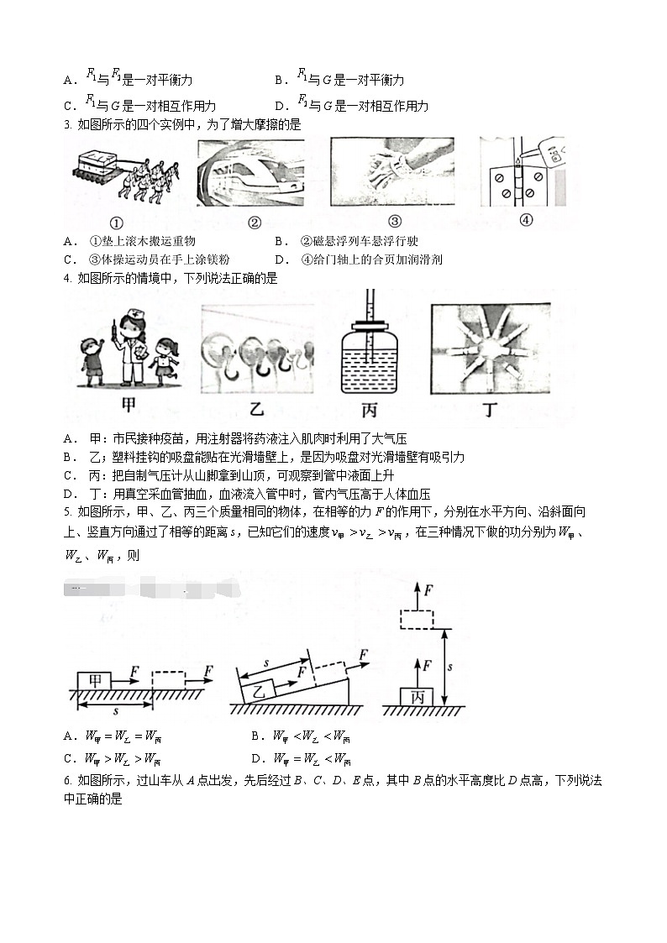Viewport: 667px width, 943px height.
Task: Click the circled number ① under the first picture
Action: click(117, 223)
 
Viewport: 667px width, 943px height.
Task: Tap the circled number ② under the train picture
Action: click(255, 223)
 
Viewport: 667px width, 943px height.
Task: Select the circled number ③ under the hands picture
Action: click(394, 223)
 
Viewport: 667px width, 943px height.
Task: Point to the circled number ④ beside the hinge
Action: click(527, 221)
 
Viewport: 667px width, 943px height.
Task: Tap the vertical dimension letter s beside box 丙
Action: click(451, 666)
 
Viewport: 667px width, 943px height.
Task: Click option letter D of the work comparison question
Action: click(257, 759)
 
